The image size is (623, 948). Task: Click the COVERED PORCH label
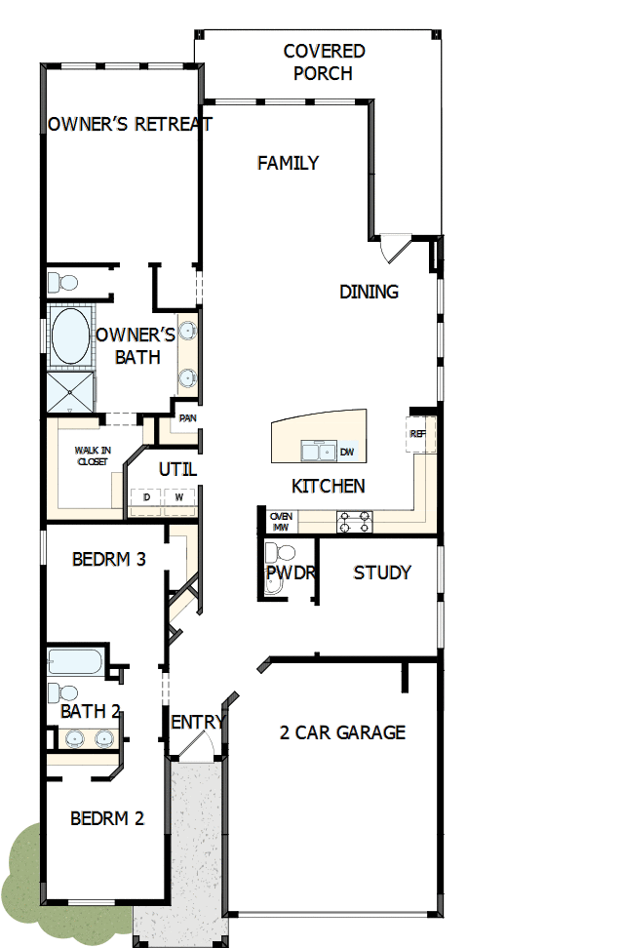click(324, 61)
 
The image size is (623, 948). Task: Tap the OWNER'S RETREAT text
click(130, 124)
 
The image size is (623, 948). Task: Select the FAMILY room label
click(288, 163)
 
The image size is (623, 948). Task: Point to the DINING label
click(369, 291)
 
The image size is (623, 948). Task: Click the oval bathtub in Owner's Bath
click(69, 336)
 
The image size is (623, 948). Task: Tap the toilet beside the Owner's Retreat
click(63, 283)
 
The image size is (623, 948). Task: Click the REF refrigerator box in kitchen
click(417, 434)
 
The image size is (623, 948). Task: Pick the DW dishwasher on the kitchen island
click(347, 452)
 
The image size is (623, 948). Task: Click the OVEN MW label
click(280, 522)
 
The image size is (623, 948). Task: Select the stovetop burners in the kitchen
click(354, 522)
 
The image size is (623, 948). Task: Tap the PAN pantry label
click(187, 418)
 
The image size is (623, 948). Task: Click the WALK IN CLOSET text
click(93, 455)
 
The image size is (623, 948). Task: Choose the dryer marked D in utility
click(147, 497)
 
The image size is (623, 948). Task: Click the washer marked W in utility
click(178, 497)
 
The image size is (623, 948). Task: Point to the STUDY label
click(381, 573)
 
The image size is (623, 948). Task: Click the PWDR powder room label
click(290, 573)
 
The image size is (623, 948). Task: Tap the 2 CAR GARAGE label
click(342, 732)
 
